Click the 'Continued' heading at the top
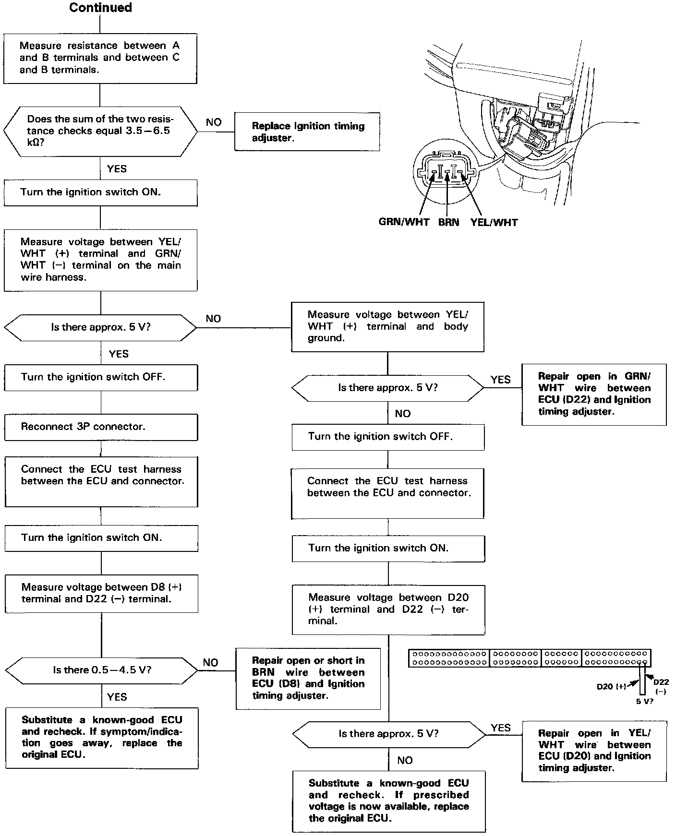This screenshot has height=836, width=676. coord(100,8)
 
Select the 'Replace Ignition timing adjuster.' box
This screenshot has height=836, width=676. coord(307,132)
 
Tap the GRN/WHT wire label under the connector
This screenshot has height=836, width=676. coord(404,222)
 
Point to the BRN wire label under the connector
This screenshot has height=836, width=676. coord(448,222)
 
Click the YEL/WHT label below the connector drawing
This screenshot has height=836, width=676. coord(494,222)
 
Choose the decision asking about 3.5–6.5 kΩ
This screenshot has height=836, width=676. coord(100,131)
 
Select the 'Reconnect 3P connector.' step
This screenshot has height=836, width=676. coord(101,427)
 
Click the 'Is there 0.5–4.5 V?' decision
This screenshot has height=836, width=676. coord(101,670)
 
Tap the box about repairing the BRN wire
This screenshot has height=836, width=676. coord(308,678)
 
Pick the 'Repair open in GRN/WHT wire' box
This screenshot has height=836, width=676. coord(594,394)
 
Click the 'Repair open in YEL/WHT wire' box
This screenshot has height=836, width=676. coord(594,751)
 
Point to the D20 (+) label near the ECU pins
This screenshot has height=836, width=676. coord(611,687)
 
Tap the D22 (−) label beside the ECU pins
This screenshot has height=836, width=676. coord(661,685)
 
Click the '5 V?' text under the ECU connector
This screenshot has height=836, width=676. coord(644,701)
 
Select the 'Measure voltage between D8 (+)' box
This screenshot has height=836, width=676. coord(101,593)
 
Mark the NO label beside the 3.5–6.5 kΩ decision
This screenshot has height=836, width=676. coord(214,122)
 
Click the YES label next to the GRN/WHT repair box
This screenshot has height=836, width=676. coord(500,380)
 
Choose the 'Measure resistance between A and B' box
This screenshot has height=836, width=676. coord(100,58)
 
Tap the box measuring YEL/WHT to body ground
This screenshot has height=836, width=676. coord(387,326)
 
